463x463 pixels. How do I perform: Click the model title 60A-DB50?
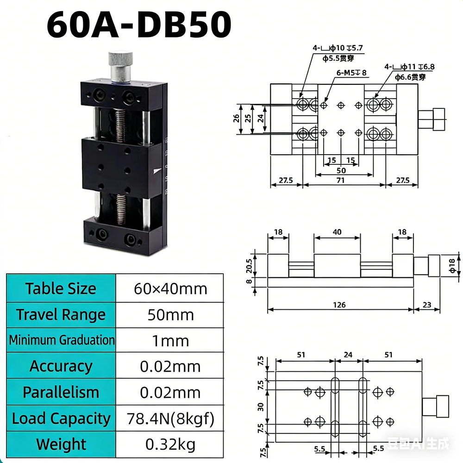[139, 24]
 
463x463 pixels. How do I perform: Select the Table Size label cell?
[61, 288]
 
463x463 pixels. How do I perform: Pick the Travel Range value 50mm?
[171, 315]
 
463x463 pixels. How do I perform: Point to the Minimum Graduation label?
[62, 340]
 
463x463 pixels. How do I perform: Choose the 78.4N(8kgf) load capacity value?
[170, 419]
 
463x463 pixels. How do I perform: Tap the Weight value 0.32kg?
[170, 444]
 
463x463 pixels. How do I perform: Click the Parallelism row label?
[61, 393]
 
